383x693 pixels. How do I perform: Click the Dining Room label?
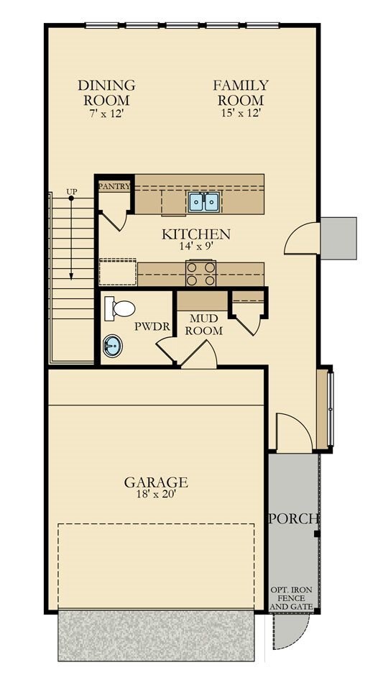pyautogui.click(x=106, y=92)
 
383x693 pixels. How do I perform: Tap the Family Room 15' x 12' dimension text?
pyautogui.click(x=241, y=113)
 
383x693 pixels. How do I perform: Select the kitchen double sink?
pyautogui.click(x=204, y=203)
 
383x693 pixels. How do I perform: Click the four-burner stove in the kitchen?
pyautogui.click(x=200, y=272)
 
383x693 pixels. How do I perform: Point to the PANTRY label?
pyautogui.click(x=114, y=186)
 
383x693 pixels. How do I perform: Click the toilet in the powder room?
pyautogui.click(x=119, y=308)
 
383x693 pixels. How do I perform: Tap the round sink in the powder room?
pyautogui.click(x=113, y=346)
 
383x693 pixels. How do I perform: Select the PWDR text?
pyautogui.click(x=152, y=327)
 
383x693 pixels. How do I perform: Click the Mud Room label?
pyautogui.click(x=203, y=324)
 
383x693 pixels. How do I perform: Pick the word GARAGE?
pyautogui.click(x=156, y=482)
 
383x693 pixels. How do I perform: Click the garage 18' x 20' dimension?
pyautogui.click(x=156, y=495)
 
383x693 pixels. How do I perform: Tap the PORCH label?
pyautogui.click(x=294, y=519)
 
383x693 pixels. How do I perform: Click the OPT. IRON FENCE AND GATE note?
pyautogui.click(x=291, y=598)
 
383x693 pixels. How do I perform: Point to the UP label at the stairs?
pyautogui.click(x=71, y=192)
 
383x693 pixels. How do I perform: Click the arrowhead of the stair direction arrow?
pyautogui.click(x=71, y=276)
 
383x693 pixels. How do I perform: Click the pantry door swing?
pyautogui.click(x=113, y=220)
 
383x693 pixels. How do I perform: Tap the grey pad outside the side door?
pyautogui.click(x=338, y=238)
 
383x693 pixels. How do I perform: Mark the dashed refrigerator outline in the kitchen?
pyautogui.click(x=118, y=272)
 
